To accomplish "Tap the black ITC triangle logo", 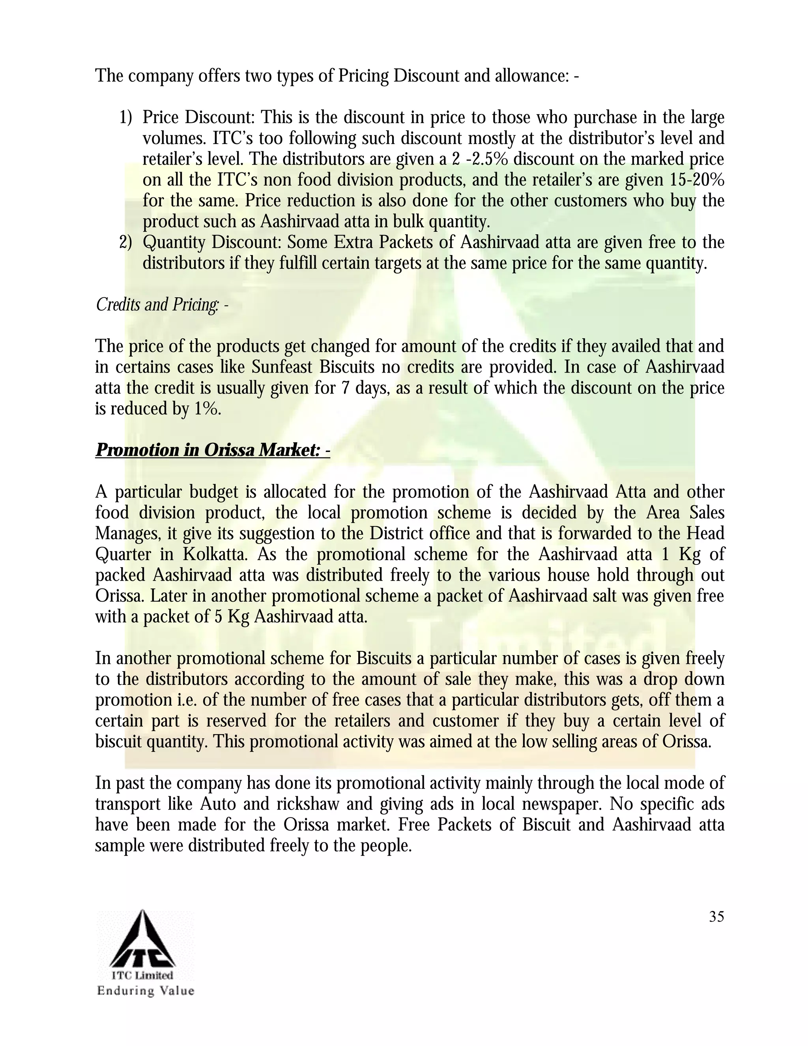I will pos(143,940).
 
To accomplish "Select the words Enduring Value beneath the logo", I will pos(146,990).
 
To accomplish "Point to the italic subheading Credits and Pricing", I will pos(162,305).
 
